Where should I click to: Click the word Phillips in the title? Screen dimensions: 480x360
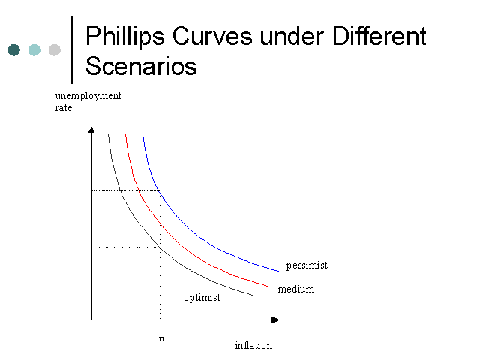125,37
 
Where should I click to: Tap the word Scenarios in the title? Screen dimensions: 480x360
141,66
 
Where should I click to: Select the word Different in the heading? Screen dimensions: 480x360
379,36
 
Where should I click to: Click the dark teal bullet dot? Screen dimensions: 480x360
14,50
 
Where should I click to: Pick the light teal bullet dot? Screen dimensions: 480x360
34,50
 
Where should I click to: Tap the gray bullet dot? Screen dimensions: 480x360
55,50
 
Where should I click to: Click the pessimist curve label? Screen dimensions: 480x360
307,265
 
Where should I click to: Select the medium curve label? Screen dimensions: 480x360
296,289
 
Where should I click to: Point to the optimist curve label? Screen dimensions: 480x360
202,298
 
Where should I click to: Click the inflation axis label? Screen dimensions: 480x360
253,345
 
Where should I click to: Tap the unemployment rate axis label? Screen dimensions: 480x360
88,102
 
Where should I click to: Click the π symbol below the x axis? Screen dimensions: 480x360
162,338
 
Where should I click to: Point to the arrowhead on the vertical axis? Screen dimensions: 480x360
91,130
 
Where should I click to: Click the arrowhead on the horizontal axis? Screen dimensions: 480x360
275,319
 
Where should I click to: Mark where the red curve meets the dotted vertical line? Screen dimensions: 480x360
160,223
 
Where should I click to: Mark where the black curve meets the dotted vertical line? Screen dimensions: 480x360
160,247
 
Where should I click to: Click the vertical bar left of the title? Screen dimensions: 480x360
72,49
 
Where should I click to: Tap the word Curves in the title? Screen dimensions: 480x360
212,36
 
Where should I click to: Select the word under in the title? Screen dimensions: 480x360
292,36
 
